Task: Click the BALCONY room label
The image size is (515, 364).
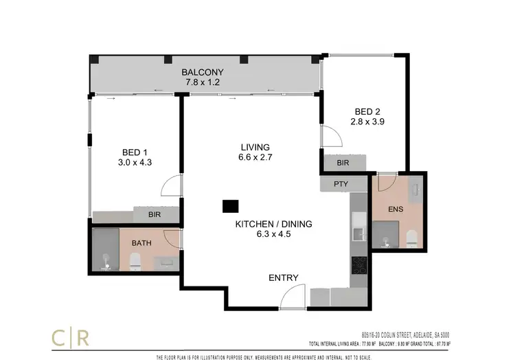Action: pos(203,71)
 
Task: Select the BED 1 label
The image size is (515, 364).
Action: pos(135,152)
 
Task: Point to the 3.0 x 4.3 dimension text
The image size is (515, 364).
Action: pos(135,163)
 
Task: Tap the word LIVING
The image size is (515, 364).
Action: pos(255,146)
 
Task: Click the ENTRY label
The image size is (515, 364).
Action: pos(284,277)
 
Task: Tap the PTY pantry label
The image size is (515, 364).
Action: pos(341,184)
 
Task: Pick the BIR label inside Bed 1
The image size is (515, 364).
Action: pos(157,216)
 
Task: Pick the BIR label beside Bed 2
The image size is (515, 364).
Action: pos(342,163)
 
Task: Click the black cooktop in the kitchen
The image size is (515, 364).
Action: pos(358,265)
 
